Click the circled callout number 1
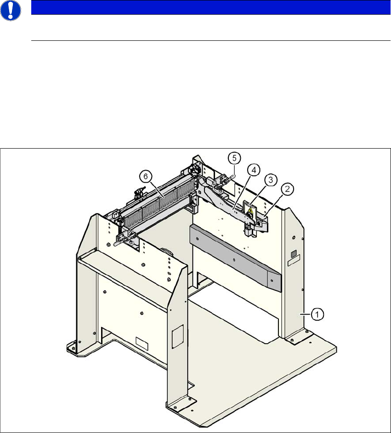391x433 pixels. [x=317, y=314]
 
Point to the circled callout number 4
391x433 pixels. [x=253, y=169]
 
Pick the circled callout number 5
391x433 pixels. [x=234, y=158]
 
